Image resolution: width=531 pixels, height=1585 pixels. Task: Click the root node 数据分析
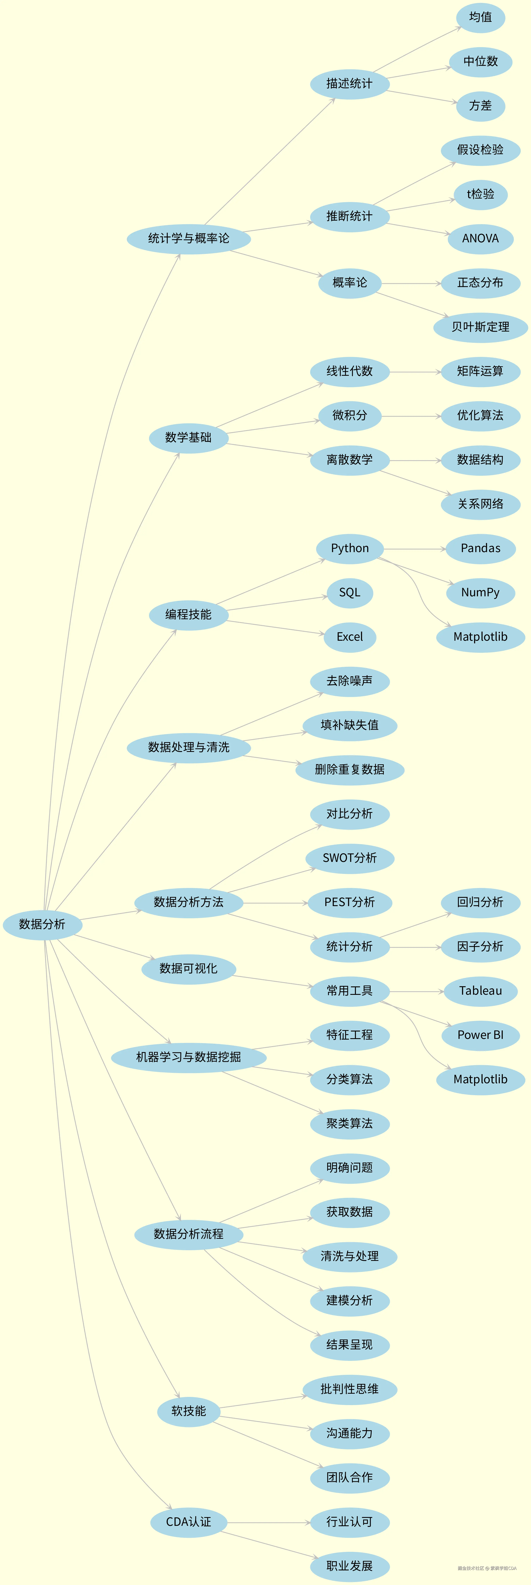pos(42,924)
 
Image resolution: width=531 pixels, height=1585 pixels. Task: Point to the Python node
pos(350,548)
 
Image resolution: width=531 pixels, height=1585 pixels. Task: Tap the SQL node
pos(350,593)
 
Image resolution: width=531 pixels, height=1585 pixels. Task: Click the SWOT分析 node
pos(350,858)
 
